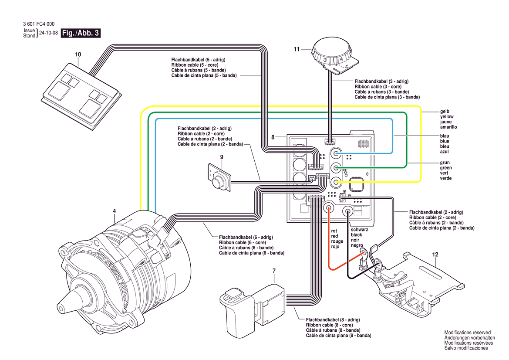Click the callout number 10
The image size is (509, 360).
click(x=78, y=54)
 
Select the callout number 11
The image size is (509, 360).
click(x=297, y=49)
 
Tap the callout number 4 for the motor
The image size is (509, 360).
click(x=115, y=211)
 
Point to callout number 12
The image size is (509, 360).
click(x=435, y=254)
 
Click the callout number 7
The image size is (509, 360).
click(x=274, y=271)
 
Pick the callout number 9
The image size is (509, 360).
click(x=222, y=157)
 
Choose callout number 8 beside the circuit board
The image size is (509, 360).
click(x=273, y=137)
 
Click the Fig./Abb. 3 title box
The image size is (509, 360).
click(x=81, y=33)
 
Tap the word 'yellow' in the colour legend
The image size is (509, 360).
click(x=447, y=117)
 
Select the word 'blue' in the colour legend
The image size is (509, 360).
click(x=445, y=141)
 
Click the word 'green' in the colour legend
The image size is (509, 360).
click(x=446, y=168)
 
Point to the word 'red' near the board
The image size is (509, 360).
click(x=334, y=236)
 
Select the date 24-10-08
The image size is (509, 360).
click(x=48, y=33)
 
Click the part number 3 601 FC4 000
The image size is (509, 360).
click(x=38, y=24)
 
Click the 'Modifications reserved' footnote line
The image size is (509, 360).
click(x=467, y=333)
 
